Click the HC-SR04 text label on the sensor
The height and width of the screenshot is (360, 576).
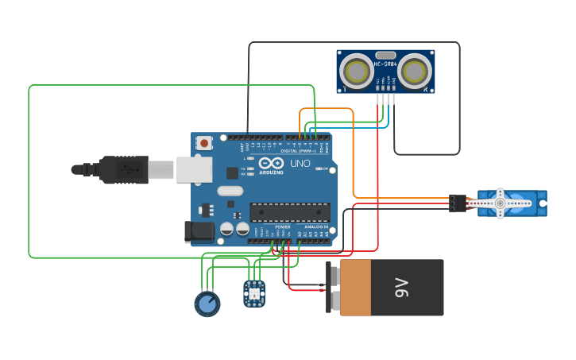coord(385,64)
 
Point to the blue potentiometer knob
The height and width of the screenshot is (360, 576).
coord(207,304)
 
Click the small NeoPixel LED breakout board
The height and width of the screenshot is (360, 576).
coord(254,292)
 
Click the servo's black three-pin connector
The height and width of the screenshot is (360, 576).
coord(457,203)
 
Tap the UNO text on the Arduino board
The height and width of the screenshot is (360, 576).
coord(300,164)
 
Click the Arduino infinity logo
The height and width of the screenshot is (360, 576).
coord(271,163)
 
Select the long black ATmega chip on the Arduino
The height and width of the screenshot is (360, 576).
coord(290,212)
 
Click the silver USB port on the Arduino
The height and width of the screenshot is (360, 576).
coord(193,169)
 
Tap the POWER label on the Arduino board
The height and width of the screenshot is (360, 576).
coord(283,226)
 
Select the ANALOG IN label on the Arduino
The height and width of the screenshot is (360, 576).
coord(315,226)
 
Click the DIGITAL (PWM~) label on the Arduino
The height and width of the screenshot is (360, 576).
coord(300,150)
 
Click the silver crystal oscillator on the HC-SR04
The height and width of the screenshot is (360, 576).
coord(385,55)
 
